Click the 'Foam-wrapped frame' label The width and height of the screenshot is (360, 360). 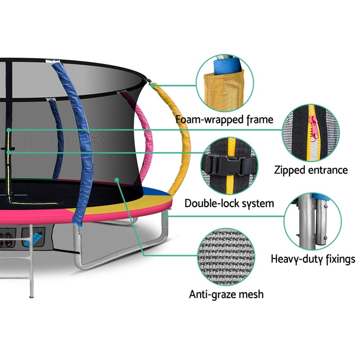pos(224,119)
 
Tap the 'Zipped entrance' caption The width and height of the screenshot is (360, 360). pos(311,170)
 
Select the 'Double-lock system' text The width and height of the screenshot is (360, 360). pos(229,203)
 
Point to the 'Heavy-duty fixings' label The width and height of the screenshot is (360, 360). pos(313,259)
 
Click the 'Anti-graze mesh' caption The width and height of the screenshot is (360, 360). pos(226,294)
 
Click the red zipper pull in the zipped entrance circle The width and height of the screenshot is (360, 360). pos(314,127)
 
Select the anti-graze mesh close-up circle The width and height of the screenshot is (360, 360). pos(226,256)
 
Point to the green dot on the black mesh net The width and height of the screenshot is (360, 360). pos(117,180)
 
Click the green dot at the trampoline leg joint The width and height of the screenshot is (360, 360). pos(166,216)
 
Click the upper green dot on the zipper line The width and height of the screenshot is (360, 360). pos(9,130)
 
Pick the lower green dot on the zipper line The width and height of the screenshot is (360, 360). pos(9,152)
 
